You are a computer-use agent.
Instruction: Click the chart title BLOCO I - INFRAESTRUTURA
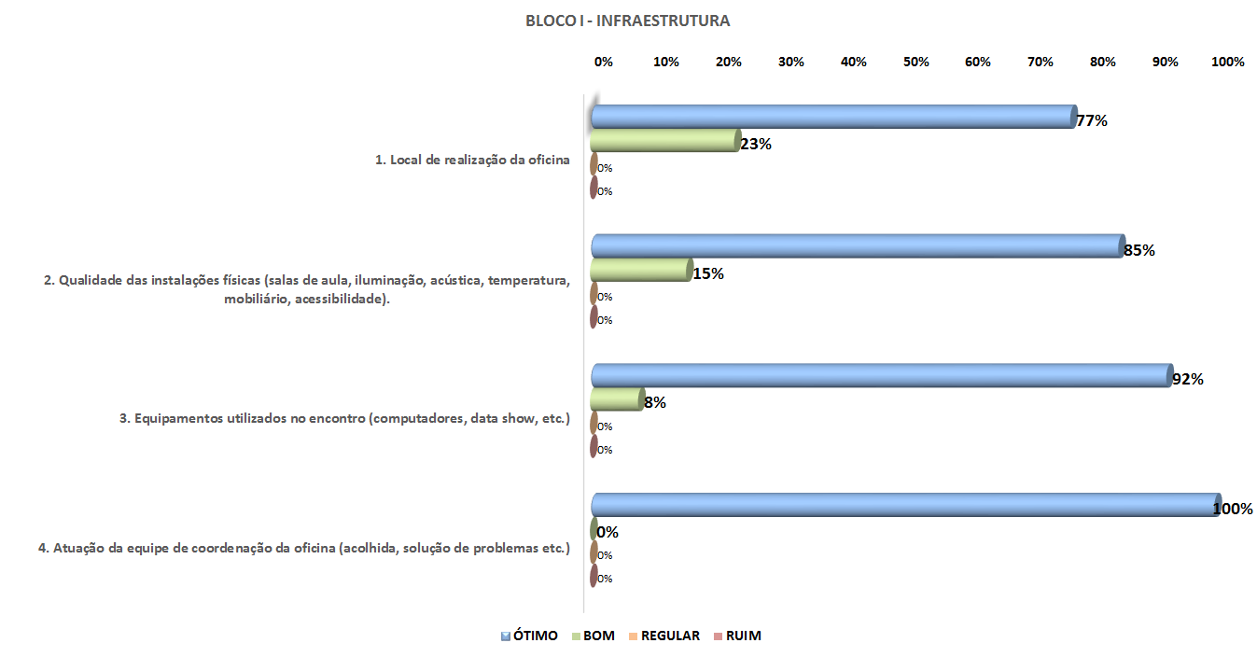tap(627, 21)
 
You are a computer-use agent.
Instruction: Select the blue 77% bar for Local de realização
tap(833, 117)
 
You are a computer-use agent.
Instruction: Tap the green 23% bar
tap(664, 141)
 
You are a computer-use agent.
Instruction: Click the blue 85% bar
tap(858, 246)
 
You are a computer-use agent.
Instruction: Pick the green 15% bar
tap(641, 271)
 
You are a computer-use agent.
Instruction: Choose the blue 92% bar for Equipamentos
tap(881, 375)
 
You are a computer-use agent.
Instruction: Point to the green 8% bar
tap(617, 399)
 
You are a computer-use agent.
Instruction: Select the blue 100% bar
tap(905, 505)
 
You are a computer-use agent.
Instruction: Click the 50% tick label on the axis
tap(916, 62)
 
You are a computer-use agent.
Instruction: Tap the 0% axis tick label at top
tap(604, 62)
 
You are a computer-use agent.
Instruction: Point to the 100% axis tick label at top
tap(1227, 62)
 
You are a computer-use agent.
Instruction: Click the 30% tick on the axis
tap(791, 62)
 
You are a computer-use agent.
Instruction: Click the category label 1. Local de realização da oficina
tap(472, 160)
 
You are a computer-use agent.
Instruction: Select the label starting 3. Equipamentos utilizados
tap(344, 418)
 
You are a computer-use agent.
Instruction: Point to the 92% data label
tap(1187, 380)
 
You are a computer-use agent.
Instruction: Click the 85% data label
tap(1139, 250)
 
